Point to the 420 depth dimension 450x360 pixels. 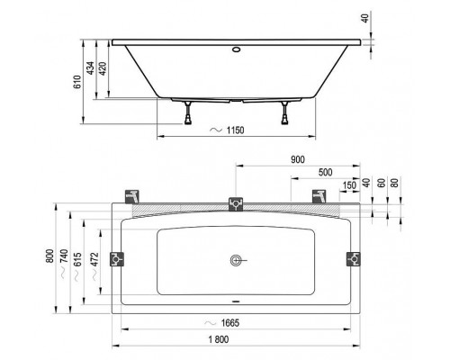point(107,74)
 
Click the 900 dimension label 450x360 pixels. point(296,159)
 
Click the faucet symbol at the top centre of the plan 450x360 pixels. point(236,203)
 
